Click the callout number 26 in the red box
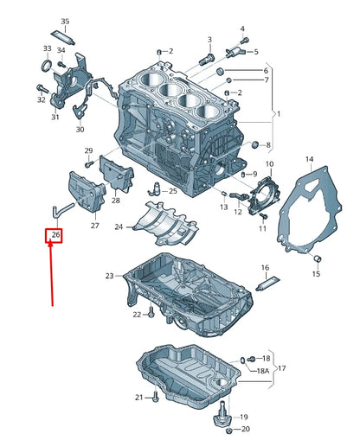[x=55, y=234]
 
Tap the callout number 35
[x=65, y=21]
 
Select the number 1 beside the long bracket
[x=278, y=114]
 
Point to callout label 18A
[x=263, y=370]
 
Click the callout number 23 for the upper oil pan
[x=109, y=276]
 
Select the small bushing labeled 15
[x=317, y=258]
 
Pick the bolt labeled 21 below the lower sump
[x=154, y=396]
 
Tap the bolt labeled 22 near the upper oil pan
[x=151, y=314]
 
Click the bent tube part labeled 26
[x=57, y=208]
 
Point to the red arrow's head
[x=51, y=245]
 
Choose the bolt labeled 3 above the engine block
[x=206, y=60]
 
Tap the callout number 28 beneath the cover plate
[x=115, y=201]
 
